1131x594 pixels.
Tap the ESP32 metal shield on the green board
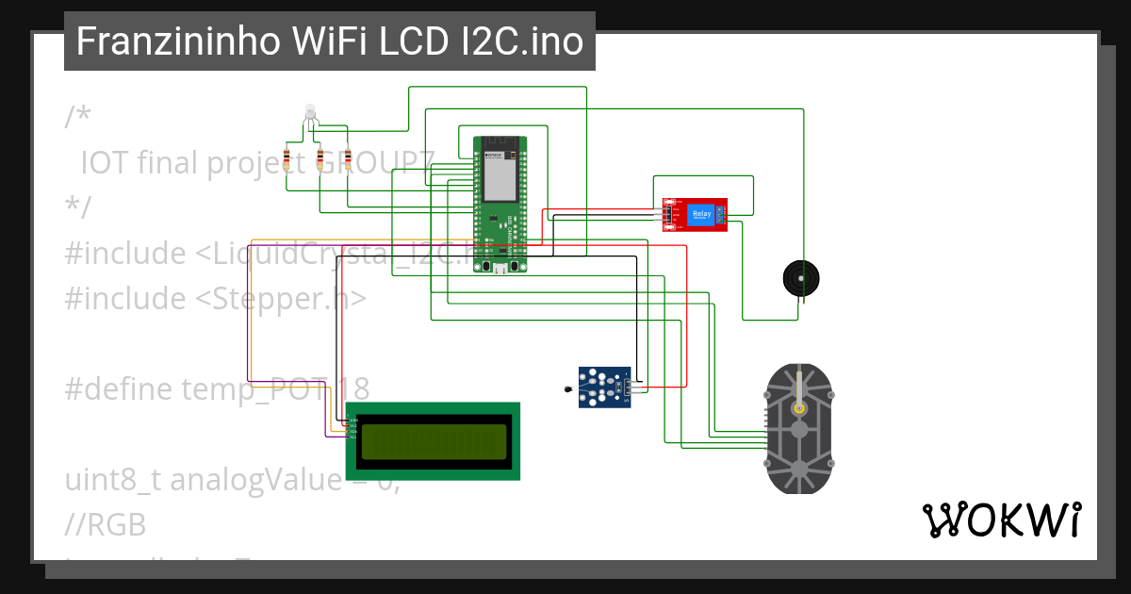coord(499,169)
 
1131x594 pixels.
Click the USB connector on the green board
coord(500,269)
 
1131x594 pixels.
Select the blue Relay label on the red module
coord(702,215)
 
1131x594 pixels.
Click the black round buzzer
coord(801,278)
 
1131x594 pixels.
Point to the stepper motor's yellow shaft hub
coord(799,408)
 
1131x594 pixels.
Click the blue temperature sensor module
coord(603,388)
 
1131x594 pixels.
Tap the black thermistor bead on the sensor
coord(566,387)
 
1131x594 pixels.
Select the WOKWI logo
coord(1001,520)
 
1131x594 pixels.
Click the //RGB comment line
coord(106,524)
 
